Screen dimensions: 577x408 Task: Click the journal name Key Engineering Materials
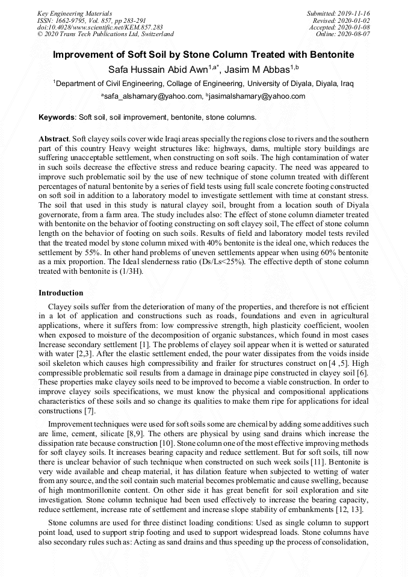75,13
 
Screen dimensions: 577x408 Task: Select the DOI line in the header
100,27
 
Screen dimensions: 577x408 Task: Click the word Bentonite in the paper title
330,55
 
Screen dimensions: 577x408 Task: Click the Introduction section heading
61,293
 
